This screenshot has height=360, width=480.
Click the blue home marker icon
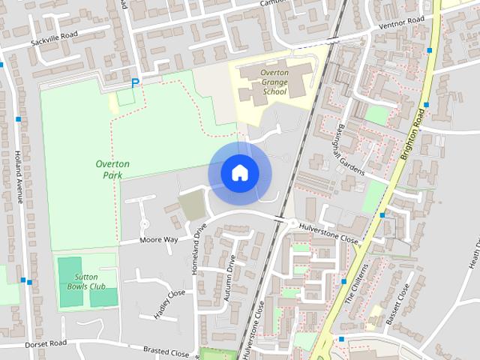[239, 173]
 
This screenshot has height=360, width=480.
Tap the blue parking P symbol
[135, 83]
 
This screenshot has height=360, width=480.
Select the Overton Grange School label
[274, 82]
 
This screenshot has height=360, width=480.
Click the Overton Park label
[113, 169]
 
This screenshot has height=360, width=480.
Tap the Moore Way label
[159, 240]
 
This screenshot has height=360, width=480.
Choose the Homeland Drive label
[199, 249]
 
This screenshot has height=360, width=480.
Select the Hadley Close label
[169, 304]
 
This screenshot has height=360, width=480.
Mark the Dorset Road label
[46, 343]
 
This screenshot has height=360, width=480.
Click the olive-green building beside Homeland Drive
[192, 205]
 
